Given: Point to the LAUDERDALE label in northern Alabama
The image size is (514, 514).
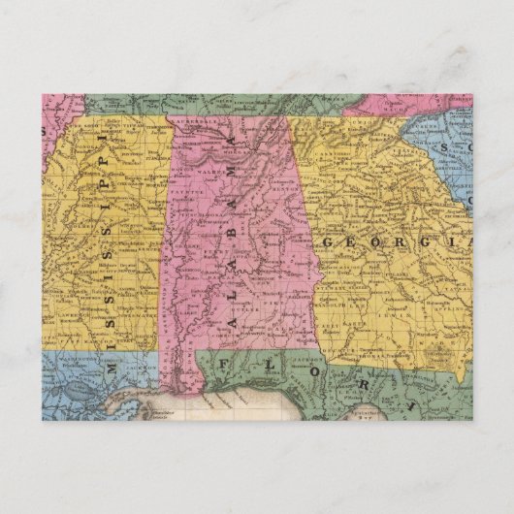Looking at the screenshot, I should pos(199,123).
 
